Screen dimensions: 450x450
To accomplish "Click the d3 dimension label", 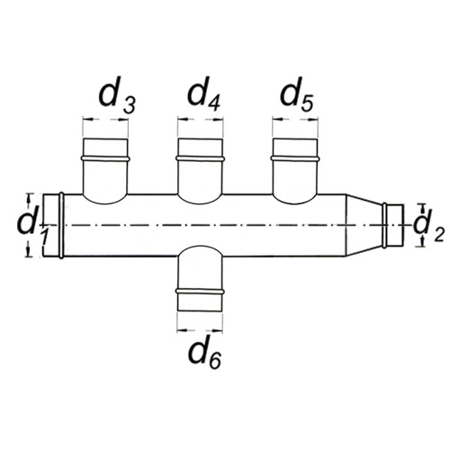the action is point(117,95).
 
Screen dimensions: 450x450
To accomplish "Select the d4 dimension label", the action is point(204,93).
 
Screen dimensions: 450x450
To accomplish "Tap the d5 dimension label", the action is point(296,94).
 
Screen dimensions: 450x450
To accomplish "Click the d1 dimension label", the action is point(31,227).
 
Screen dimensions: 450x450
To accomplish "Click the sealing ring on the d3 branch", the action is point(105,158).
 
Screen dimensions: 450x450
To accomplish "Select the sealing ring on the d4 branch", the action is point(200,158).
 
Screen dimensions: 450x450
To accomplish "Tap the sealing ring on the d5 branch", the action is point(295,158).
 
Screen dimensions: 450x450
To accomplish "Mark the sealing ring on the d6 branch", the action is point(200,292).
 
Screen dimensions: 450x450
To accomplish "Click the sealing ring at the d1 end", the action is point(61,225).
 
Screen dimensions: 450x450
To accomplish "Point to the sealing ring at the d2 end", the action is point(384,225).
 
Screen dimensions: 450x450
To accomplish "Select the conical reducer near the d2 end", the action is point(364,225).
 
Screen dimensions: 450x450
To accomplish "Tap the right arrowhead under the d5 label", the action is point(313,120).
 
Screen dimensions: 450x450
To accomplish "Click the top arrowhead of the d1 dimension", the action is point(29,199).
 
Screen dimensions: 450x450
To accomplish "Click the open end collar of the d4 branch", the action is point(200,147).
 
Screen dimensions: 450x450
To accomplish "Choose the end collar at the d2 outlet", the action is point(395,225).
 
